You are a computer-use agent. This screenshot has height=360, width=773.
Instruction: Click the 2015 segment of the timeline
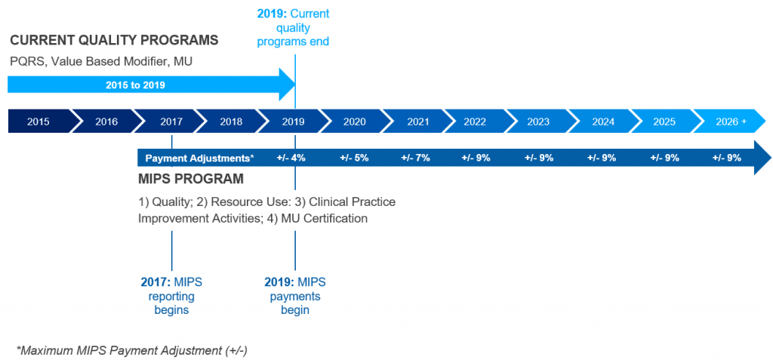[x=38, y=121]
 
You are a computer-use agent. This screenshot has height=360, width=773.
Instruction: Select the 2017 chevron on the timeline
[x=171, y=121]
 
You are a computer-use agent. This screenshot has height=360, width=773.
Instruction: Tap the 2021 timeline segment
[x=417, y=121]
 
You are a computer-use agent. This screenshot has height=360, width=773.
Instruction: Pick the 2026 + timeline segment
[x=731, y=121]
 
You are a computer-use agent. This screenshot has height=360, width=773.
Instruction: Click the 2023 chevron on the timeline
[x=538, y=121]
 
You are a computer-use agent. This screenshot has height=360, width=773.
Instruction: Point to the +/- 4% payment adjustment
[x=291, y=158]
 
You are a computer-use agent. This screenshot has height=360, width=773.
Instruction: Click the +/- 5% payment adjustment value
[x=354, y=158]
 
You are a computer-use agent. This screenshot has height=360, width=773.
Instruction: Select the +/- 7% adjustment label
[x=416, y=158]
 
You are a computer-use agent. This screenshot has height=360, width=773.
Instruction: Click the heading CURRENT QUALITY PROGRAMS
[x=114, y=40]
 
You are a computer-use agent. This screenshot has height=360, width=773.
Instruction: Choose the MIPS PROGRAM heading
[x=190, y=180]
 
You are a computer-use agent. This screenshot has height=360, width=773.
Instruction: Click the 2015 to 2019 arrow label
[x=135, y=85]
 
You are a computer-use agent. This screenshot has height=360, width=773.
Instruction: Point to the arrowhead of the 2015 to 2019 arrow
[x=287, y=84]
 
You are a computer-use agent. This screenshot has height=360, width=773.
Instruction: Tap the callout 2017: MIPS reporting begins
[x=172, y=295]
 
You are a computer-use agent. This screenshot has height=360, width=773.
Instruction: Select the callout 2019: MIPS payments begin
[x=295, y=295]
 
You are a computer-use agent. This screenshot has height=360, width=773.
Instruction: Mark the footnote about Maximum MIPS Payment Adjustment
[x=132, y=350]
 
